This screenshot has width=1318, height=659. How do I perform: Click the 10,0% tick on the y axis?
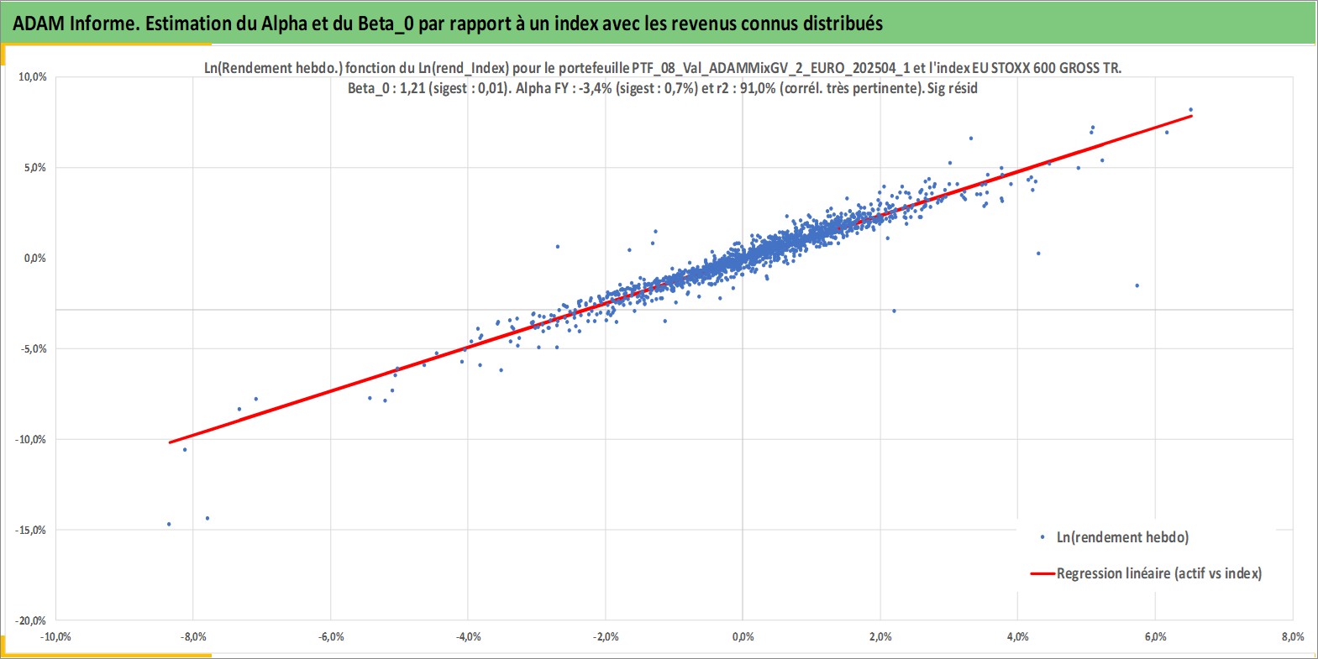pyautogui.click(x=33, y=77)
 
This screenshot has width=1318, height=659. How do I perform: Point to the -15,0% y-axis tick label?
pyautogui.click(x=30, y=531)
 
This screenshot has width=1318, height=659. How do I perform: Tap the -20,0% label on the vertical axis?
pyautogui.click(x=30, y=620)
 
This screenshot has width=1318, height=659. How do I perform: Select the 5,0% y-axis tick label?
pyautogui.click(x=34, y=168)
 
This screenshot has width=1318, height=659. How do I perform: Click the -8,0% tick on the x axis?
pyautogui.click(x=193, y=636)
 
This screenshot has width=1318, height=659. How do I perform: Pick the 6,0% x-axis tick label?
pyautogui.click(x=1156, y=636)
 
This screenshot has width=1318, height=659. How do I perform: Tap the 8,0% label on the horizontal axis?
pyautogui.click(x=1293, y=636)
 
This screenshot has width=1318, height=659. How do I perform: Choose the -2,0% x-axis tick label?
pyautogui.click(x=606, y=636)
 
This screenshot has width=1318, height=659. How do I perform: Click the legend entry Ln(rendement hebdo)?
pyautogui.click(x=1115, y=537)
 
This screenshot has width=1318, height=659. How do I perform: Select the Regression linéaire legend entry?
pyautogui.click(x=1146, y=573)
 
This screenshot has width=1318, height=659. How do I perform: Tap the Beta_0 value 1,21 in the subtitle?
pyautogui.click(x=412, y=88)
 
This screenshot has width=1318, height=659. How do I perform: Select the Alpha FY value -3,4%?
pyautogui.click(x=596, y=88)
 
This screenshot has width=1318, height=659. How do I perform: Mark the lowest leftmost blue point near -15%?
pyautogui.click(x=169, y=524)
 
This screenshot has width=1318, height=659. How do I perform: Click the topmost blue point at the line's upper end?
pyautogui.click(x=1191, y=109)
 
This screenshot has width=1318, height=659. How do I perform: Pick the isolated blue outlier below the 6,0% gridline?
pyautogui.click(x=1137, y=285)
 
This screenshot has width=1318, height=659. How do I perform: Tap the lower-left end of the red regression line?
pyautogui.click(x=170, y=442)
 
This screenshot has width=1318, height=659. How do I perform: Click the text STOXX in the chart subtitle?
pyautogui.click(x=1011, y=68)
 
